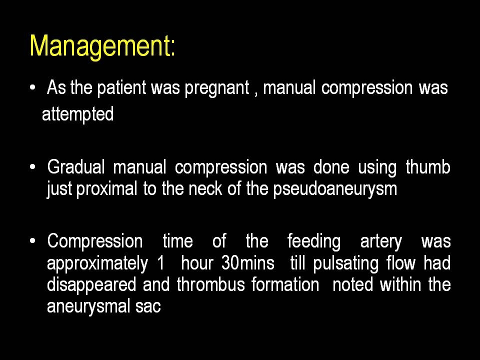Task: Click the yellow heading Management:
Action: (102, 46)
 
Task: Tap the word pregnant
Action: (217, 89)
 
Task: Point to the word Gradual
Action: (76, 167)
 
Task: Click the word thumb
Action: (428, 167)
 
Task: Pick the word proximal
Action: (106, 189)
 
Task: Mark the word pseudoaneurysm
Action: (335, 189)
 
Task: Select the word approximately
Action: (97, 264)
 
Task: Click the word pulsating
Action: (345, 264)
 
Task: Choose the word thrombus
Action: (210, 284)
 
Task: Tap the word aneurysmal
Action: (88, 306)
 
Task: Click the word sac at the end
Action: (148, 307)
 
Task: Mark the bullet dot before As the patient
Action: (33, 87)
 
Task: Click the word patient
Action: (121, 88)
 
